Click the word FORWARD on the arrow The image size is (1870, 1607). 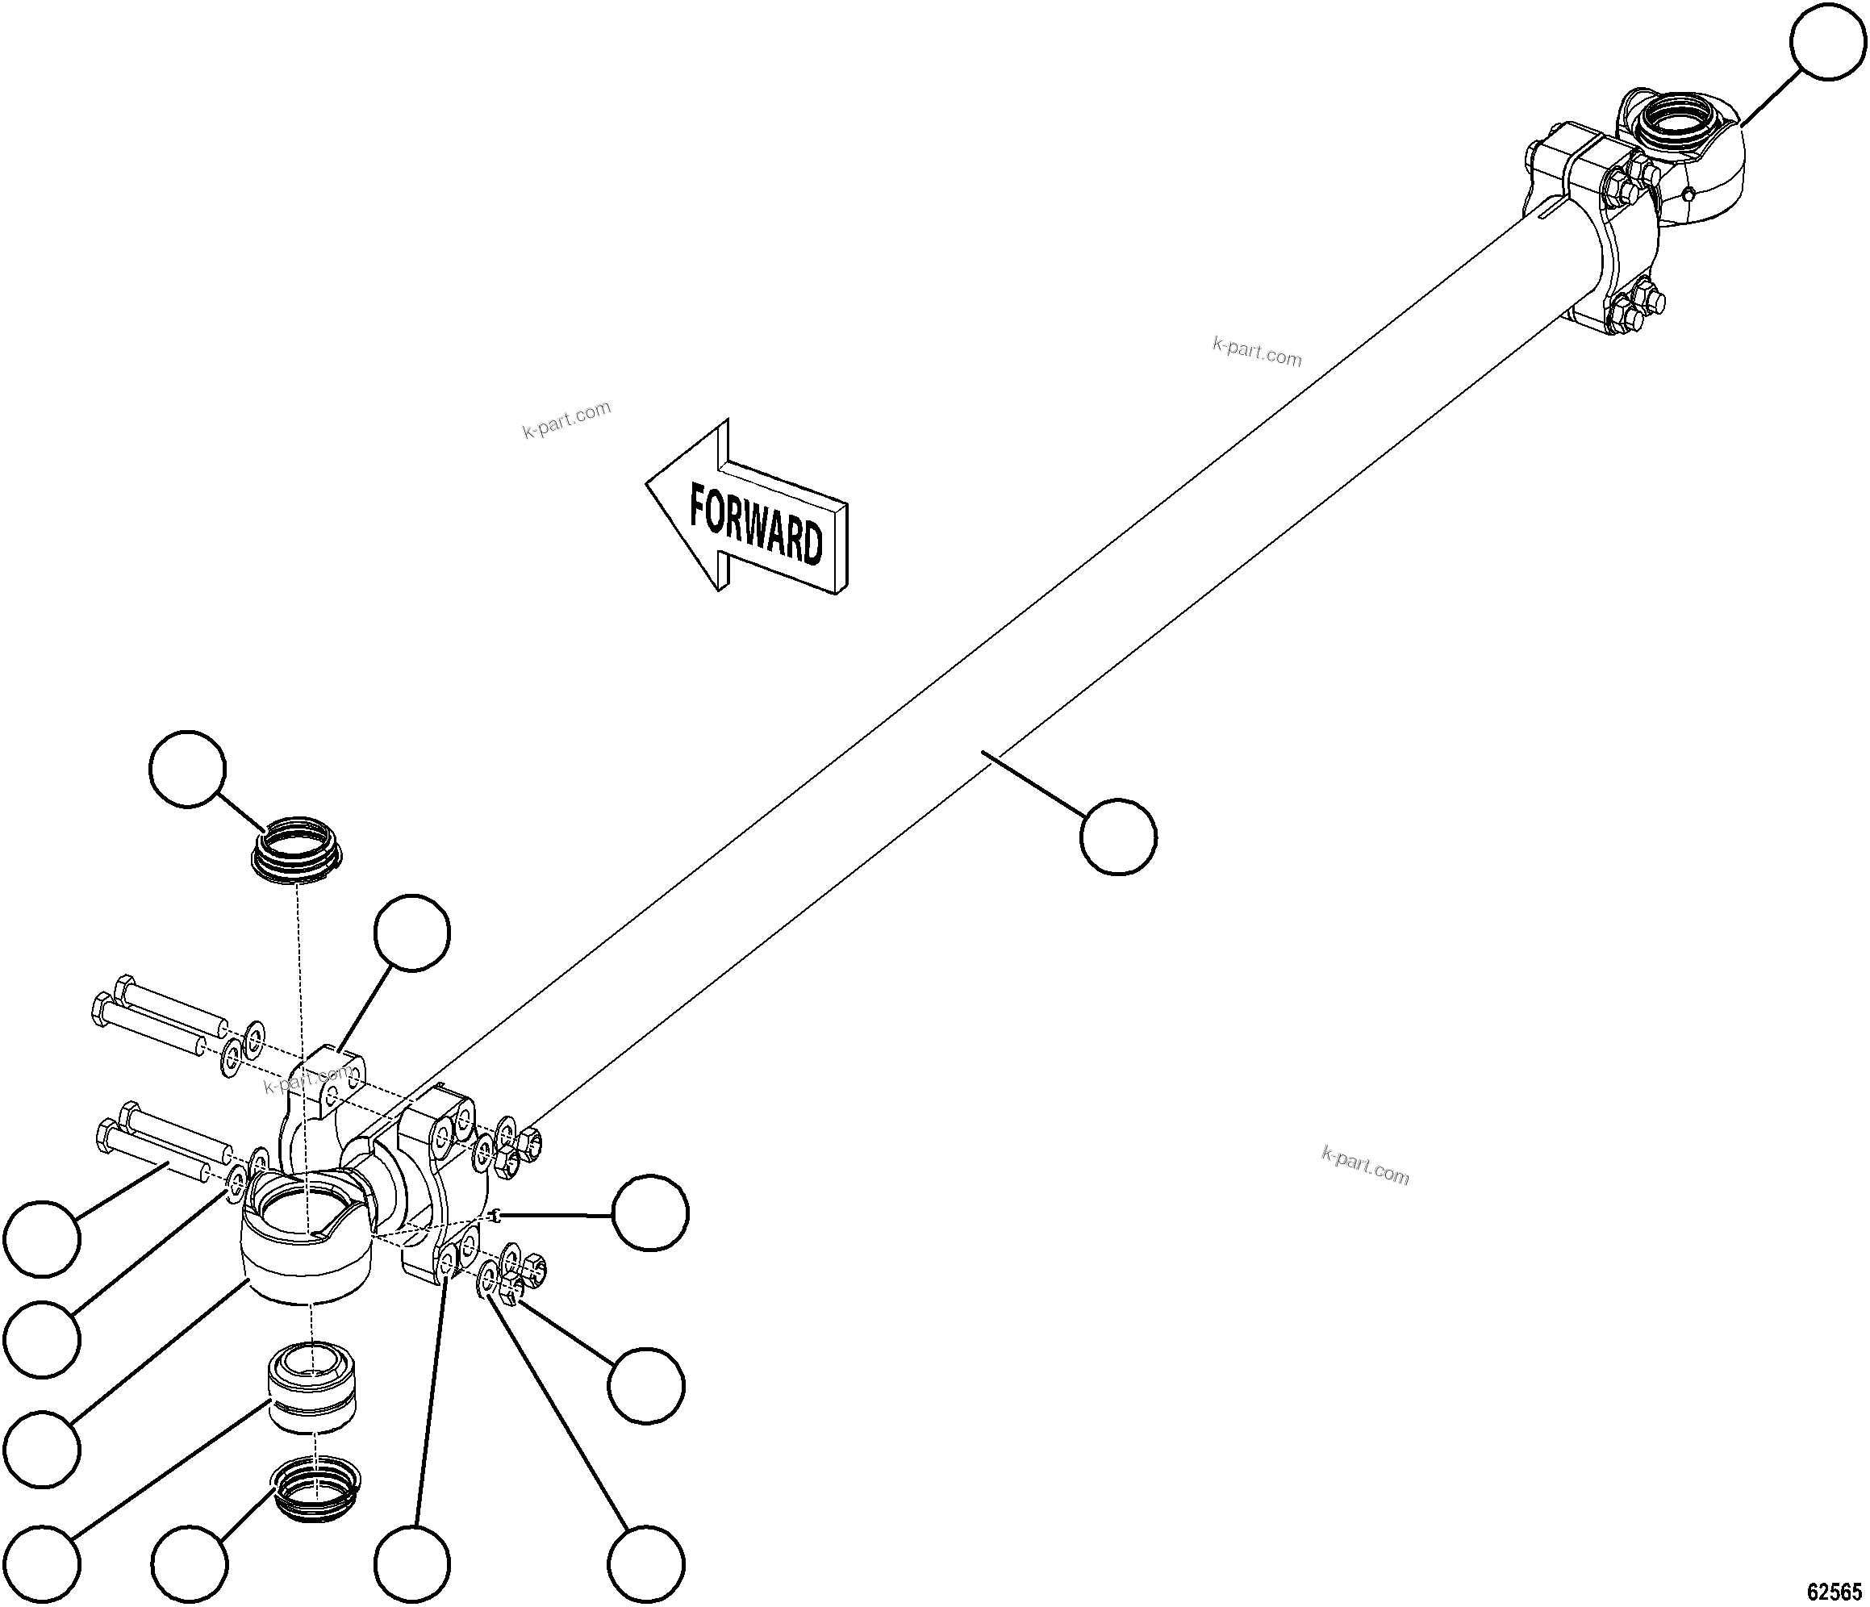(756, 525)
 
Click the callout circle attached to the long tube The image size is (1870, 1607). (1118, 837)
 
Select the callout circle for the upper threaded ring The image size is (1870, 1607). (187, 769)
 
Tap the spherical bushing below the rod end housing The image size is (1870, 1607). (311, 1387)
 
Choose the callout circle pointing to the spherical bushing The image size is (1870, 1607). (41, 1562)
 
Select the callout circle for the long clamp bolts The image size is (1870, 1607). (41, 1239)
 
